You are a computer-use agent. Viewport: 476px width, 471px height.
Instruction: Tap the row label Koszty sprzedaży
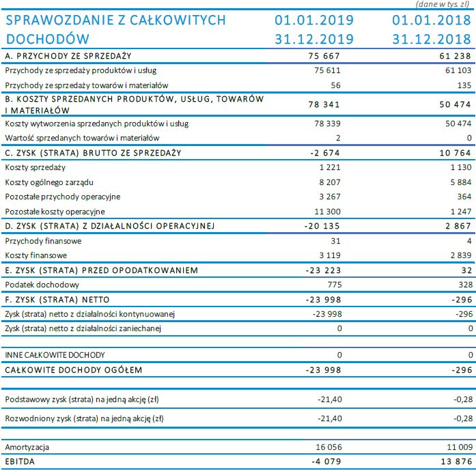pos(35,167)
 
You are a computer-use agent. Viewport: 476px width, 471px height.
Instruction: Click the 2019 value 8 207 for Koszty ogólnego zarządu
pos(328,182)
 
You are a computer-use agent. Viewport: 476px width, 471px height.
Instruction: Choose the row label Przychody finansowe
pos(43,241)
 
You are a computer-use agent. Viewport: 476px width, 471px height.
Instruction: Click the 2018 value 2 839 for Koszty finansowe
pos(461,255)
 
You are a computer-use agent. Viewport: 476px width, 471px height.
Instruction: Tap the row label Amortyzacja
pos(27,448)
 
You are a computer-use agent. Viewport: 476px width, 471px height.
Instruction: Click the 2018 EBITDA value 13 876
pos(458,462)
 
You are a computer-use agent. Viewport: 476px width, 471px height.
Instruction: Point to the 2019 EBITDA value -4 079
pos(325,462)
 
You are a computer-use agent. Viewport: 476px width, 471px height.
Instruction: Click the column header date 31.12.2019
pos(314,39)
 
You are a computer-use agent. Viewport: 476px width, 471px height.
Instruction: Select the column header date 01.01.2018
pos(434,20)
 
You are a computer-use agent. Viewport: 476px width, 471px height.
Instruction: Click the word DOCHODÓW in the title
pos(48,39)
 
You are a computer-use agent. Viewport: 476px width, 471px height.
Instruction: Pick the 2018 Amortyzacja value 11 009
pos(459,448)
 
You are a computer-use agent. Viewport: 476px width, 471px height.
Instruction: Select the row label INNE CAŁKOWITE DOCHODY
pos(55,356)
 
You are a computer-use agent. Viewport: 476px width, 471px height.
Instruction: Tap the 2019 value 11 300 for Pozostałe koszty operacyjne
pos(326,212)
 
